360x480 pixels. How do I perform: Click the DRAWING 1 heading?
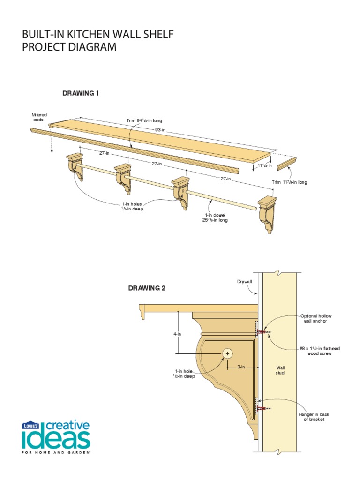81,93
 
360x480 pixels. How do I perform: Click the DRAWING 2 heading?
147,288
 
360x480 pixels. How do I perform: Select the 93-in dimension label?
161,129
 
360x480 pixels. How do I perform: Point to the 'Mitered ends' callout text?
39,117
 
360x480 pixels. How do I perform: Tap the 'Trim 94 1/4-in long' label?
144,120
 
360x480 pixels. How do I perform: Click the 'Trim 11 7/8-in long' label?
289,182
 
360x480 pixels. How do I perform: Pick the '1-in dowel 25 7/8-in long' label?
215,217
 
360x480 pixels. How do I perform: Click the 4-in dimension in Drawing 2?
178,334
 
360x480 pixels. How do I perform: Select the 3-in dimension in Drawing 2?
241,367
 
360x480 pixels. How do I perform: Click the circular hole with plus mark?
228,353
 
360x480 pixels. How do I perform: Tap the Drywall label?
245,281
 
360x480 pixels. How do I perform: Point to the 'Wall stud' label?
280,370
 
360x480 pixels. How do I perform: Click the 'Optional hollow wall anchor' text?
316,319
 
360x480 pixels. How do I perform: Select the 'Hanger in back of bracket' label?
313,417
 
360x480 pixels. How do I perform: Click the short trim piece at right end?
286,164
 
